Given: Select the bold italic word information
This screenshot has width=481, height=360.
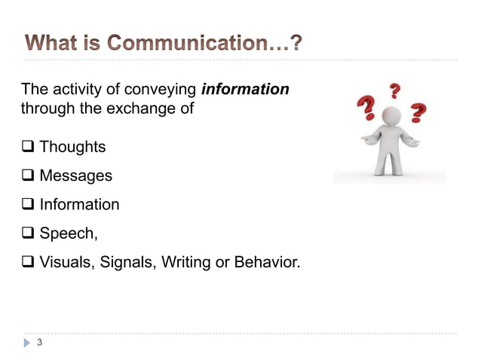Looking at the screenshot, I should [245, 90].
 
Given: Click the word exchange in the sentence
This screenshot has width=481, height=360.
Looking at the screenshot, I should [141, 108].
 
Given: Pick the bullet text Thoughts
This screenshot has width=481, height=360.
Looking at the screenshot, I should [72, 147].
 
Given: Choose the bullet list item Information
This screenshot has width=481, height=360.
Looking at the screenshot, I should [79, 204].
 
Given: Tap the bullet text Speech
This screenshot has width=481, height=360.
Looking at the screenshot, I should [68, 233].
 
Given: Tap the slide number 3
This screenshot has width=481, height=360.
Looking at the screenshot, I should [39, 343].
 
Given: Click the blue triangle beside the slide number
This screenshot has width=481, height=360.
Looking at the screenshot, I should [27, 343].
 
